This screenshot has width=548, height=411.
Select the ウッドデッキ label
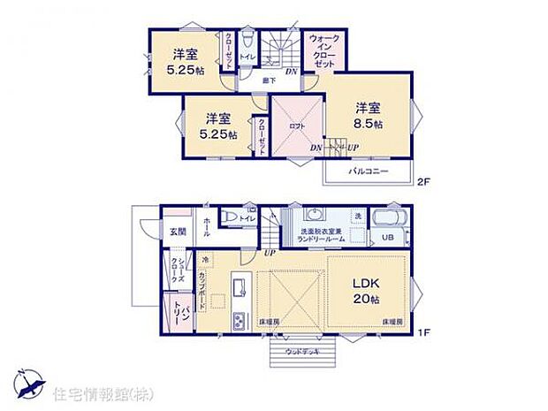303,351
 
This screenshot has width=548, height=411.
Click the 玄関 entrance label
177,232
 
